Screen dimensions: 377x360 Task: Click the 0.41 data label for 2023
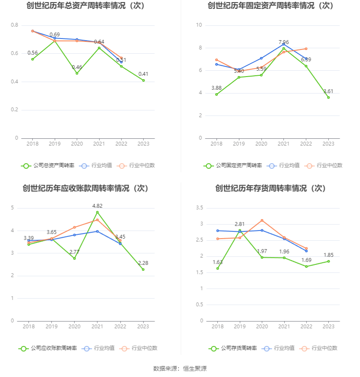point(143,74)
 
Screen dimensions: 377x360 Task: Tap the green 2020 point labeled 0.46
point(77,73)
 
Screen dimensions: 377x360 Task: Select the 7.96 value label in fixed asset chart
point(284,42)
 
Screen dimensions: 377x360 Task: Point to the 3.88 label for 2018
point(216,88)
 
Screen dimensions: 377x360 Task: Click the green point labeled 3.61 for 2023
point(328,97)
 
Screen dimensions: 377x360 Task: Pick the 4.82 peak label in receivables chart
point(97,206)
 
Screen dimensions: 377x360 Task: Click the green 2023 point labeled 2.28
point(143,269)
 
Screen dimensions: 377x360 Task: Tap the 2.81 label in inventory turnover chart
point(239,224)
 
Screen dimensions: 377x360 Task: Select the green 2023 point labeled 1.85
point(328,261)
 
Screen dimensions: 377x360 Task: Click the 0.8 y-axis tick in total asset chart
point(14,25)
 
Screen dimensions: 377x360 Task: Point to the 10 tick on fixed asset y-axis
point(198,25)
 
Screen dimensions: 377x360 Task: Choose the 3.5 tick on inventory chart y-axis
point(199,208)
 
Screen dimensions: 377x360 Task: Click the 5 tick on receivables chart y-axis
point(13,208)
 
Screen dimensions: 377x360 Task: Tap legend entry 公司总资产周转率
point(47,165)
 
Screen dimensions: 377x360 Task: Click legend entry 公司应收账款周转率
point(47,348)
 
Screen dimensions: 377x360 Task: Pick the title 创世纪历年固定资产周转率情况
point(271,6)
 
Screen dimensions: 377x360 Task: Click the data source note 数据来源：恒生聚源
point(180,369)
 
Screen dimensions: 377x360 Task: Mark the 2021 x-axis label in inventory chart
point(284,327)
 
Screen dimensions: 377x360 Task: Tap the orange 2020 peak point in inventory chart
point(262,220)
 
